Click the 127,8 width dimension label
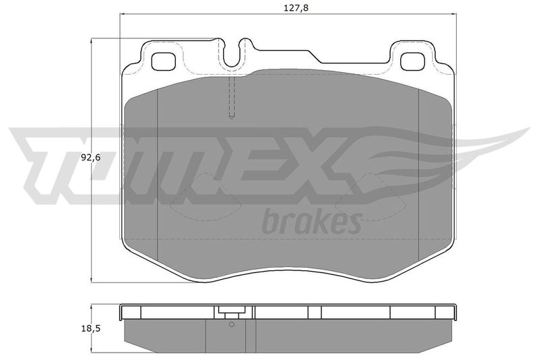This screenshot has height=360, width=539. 296,8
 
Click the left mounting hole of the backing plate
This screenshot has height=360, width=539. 163,62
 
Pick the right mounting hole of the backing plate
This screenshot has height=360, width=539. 413,62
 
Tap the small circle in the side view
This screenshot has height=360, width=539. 231,324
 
